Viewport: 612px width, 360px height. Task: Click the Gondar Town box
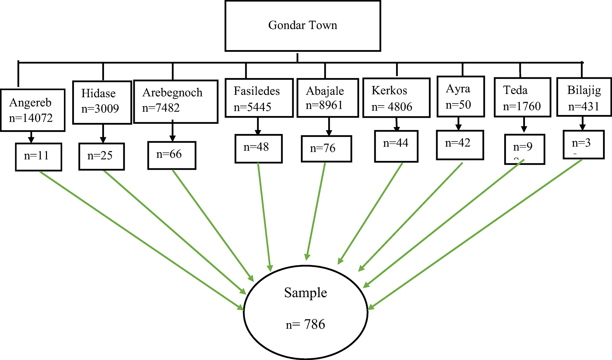click(303, 26)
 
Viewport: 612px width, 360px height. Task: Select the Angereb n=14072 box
click(33, 110)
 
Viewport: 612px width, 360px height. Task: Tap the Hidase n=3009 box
click(102, 102)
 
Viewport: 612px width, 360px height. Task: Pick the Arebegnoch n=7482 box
click(175, 101)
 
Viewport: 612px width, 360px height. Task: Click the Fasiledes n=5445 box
click(259, 98)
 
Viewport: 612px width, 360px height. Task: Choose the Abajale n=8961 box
click(328, 98)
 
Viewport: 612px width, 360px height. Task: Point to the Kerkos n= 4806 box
click(396, 98)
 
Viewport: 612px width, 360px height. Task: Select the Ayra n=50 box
click(460, 97)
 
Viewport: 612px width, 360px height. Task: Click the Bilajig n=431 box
click(584, 97)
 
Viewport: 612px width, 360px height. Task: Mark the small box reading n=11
click(38, 157)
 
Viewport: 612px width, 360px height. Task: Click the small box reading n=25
click(102, 156)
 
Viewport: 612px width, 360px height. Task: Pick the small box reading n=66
click(172, 155)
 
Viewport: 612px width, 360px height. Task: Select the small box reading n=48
click(258, 148)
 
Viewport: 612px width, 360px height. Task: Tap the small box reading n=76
click(326, 149)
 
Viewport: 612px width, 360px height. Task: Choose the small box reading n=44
click(396, 146)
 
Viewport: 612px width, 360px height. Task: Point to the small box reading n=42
click(460, 145)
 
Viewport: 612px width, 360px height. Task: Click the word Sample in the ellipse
click(305, 293)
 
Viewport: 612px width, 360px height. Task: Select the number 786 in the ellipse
click(314, 324)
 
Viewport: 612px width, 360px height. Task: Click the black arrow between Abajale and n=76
click(329, 126)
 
